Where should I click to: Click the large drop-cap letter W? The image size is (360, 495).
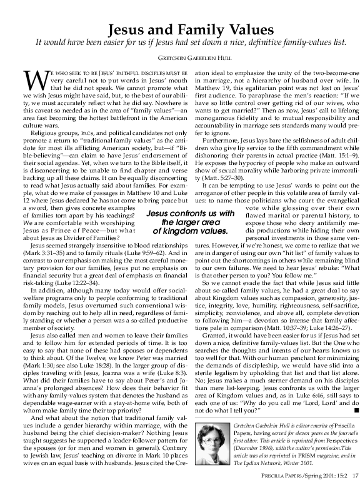tap(34, 81)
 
